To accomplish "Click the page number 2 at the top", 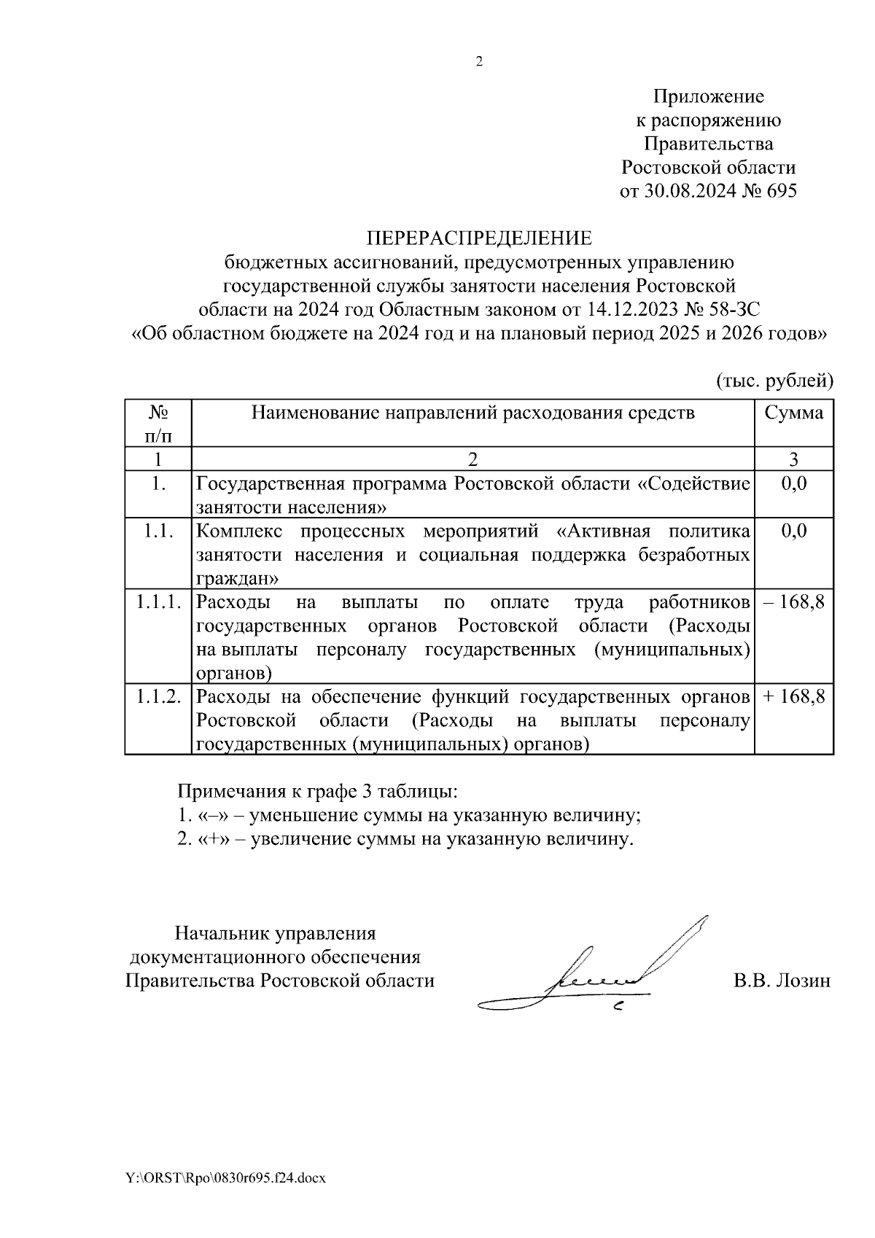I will [479, 63].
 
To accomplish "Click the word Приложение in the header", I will [708, 96].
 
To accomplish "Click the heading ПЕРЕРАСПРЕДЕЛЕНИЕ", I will [479, 238].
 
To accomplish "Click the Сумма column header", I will [793, 413].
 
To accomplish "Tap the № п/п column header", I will [158, 424].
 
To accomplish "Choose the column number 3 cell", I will [793, 459].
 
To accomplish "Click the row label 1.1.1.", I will [158, 602].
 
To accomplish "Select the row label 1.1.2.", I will [158, 696].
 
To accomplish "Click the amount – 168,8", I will [793, 602].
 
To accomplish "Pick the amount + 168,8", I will [793, 696].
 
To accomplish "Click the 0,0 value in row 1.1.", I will [793, 530].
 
